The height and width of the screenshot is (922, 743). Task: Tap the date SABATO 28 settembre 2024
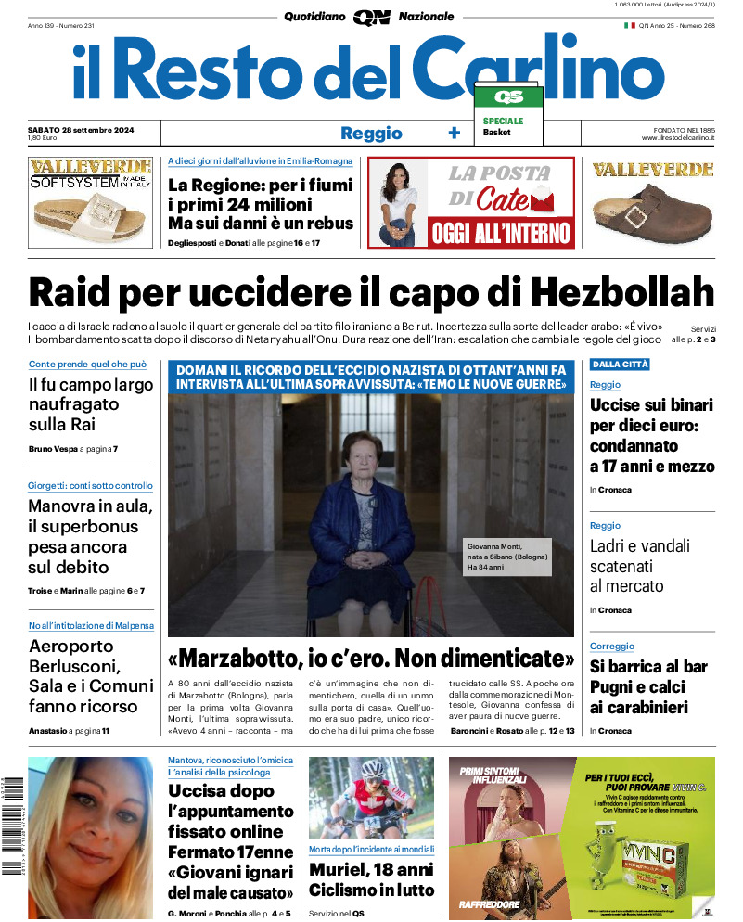pos(82,129)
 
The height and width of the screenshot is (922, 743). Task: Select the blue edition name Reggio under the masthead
pos(371,133)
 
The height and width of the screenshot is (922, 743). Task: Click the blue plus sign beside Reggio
pos(454,133)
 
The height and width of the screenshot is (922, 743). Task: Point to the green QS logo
pos(508,96)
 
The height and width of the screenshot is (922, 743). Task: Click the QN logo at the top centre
pos(371,17)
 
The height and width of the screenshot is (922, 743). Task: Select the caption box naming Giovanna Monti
pos(508,556)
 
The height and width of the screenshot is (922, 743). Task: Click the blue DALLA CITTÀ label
pos(620,364)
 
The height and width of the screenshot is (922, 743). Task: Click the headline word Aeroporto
pos(71,647)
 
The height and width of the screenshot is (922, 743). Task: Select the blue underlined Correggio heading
pos(611,646)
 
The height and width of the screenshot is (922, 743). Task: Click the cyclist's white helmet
pos(371,770)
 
